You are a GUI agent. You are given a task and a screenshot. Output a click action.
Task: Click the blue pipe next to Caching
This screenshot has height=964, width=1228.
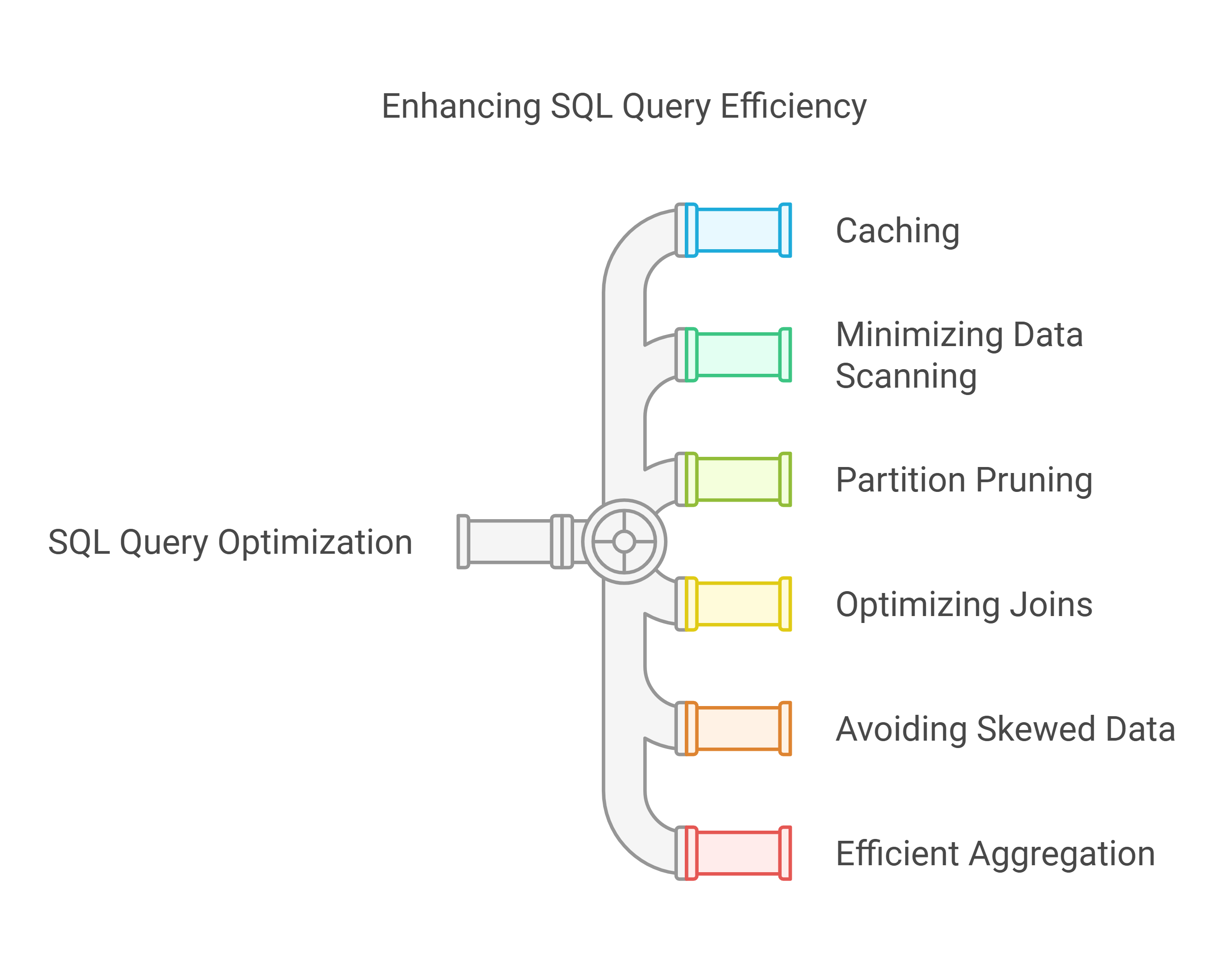pyautogui.click(x=738, y=230)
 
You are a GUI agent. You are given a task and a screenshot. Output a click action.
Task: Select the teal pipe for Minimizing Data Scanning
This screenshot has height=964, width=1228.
pyautogui.click(x=738, y=354)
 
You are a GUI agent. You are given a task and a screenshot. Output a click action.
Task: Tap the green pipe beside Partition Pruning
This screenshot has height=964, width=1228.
pyautogui.click(x=738, y=479)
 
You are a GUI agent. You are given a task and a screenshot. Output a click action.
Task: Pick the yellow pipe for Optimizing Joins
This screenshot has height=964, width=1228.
pyautogui.click(x=738, y=604)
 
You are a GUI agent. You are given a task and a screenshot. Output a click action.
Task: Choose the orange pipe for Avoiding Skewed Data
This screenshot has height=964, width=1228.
pyautogui.click(x=738, y=729)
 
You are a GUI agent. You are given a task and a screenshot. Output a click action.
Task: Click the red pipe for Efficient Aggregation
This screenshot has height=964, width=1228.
pyautogui.click(x=738, y=853)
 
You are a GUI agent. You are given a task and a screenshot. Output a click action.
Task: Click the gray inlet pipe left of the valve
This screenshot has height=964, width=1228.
pyautogui.click(x=510, y=542)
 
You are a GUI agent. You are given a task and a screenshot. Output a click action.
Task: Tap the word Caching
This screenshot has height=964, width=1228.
pyautogui.click(x=897, y=231)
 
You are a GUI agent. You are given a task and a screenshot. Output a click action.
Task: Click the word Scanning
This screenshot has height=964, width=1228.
pyautogui.click(x=906, y=377)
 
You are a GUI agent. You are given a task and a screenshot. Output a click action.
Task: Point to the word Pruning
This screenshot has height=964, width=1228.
pyautogui.click(x=1034, y=481)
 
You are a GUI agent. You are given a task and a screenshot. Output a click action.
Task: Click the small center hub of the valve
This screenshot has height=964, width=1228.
pyautogui.click(x=624, y=542)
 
